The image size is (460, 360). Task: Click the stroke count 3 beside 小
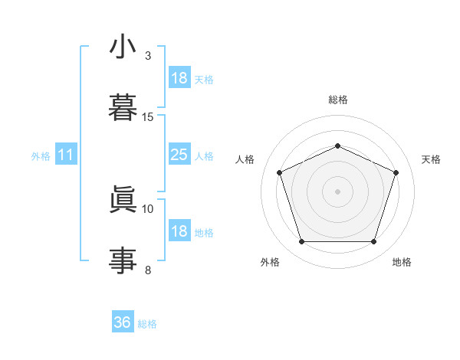[148, 56]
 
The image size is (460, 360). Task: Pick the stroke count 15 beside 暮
[148, 117]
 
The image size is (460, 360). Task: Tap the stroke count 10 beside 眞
[148, 208]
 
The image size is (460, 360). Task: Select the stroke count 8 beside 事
[148, 270]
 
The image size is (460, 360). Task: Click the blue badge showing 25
[179, 155]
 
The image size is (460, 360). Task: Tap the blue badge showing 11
[66, 155]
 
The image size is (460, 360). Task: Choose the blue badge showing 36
[123, 322]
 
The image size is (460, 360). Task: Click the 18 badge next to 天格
[179, 78]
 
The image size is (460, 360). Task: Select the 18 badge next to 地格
[179, 231]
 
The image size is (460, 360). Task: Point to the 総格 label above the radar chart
[337, 100]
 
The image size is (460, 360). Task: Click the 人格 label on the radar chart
[245, 159]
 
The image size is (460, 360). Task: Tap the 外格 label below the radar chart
[270, 262]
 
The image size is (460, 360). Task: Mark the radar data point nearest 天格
[396, 172]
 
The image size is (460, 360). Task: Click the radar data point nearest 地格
[373, 242]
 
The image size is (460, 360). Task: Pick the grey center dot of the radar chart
[337, 191]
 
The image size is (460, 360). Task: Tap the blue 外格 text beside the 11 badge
[41, 155]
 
